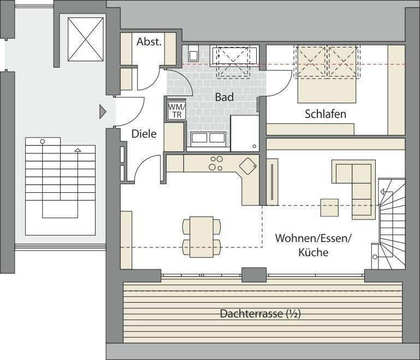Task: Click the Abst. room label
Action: (x=149, y=42)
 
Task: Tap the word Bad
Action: (x=224, y=97)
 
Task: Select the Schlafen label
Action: (x=326, y=114)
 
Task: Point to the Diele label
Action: (x=144, y=133)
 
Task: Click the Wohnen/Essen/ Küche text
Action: (x=313, y=245)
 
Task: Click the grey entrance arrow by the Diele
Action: (x=102, y=112)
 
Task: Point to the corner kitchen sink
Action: (x=249, y=165)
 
